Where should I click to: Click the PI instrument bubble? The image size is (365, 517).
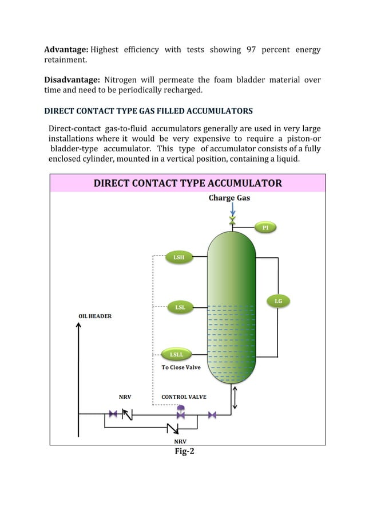(x=265, y=228)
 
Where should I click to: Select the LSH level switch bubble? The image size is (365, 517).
(x=178, y=257)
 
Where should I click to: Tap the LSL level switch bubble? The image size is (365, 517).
(x=180, y=307)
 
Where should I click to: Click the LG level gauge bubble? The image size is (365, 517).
(x=278, y=301)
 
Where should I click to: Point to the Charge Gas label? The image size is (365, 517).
(x=229, y=198)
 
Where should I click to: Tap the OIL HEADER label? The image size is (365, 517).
(x=95, y=316)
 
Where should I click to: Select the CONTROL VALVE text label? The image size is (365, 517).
(x=184, y=397)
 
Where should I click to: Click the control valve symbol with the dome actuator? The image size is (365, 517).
(x=181, y=412)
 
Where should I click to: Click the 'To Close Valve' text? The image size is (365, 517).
(x=181, y=367)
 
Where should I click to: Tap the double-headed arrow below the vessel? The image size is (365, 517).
(x=235, y=397)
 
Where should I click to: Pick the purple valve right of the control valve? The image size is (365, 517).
(x=212, y=414)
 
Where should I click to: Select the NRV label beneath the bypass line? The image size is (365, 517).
(x=180, y=441)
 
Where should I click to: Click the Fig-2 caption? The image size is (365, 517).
(x=184, y=451)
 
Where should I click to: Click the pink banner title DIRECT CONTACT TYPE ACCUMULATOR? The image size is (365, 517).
(x=188, y=183)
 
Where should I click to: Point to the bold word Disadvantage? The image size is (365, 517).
(x=73, y=79)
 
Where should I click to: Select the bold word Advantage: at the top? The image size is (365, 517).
(x=66, y=50)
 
